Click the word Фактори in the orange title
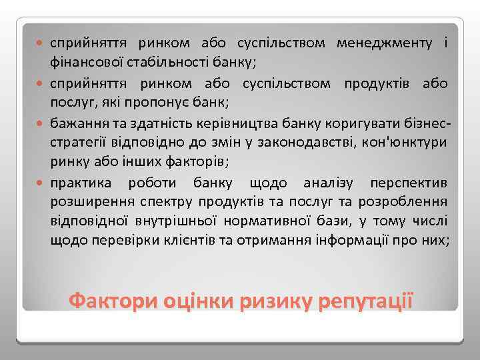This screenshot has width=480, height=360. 109,299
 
